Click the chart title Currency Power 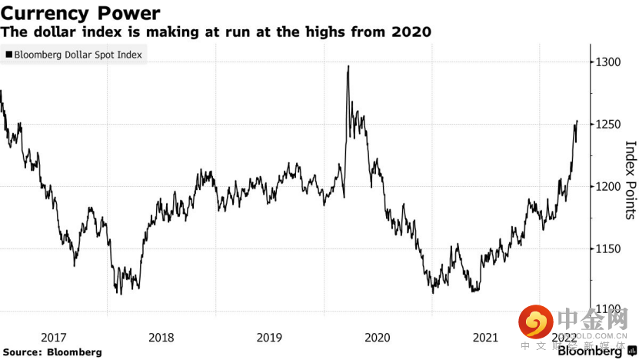pyautogui.click(x=81, y=13)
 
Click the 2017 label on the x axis pyautogui.click(x=53, y=338)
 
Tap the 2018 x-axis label pyautogui.click(x=161, y=338)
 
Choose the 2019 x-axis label pyautogui.click(x=269, y=338)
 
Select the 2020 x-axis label pyautogui.click(x=377, y=338)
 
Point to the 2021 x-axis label pyautogui.click(x=485, y=338)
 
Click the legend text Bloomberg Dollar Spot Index pyautogui.click(x=77, y=55)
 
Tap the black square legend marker pyautogui.click(x=8, y=55)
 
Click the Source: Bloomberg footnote pyautogui.click(x=52, y=352)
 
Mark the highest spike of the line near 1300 pyautogui.click(x=349, y=66)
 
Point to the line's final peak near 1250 pyautogui.click(x=577, y=122)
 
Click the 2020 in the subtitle pyautogui.click(x=412, y=33)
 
